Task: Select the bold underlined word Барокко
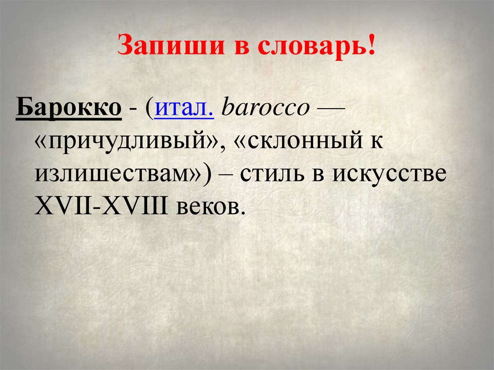click(69, 109)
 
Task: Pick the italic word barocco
click(264, 109)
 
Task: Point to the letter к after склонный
click(377, 141)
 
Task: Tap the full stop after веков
click(236, 213)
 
